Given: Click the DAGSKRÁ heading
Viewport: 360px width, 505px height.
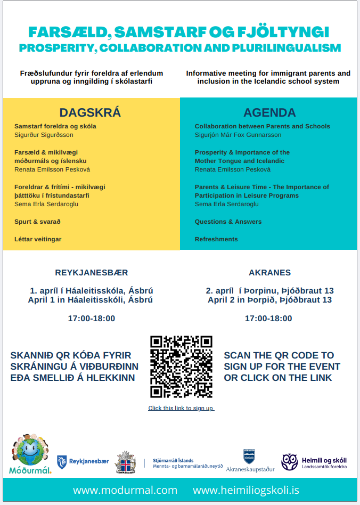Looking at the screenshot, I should (90, 112).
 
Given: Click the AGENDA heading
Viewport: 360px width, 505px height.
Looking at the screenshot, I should (269, 112).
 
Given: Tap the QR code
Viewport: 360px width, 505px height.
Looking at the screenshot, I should (181, 366).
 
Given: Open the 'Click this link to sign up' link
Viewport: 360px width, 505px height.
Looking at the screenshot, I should (181, 408).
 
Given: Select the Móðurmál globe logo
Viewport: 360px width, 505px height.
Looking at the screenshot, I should (30, 454).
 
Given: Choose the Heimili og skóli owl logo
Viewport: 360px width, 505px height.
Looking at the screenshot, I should (290, 462).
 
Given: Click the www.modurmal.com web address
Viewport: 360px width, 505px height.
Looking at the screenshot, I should (125, 490).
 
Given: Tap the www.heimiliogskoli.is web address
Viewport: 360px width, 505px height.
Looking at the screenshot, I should (246, 490).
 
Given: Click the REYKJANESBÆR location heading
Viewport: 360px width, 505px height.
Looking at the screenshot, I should (92, 272).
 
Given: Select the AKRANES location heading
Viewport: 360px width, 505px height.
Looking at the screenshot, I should (269, 272).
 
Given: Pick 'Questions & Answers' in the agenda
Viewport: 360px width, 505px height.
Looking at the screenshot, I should (228, 222).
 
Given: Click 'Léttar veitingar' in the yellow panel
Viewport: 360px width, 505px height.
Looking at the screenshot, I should (38, 239).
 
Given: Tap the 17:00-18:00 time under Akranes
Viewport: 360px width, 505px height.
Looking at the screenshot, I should (268, 319).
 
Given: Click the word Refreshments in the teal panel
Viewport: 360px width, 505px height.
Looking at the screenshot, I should (216, 239).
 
